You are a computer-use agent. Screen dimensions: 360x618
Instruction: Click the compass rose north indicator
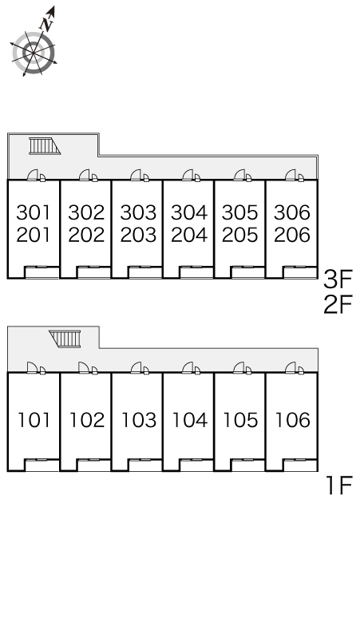click(x=47, y=20)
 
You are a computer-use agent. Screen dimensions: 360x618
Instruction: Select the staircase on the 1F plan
click(x=65, y=339)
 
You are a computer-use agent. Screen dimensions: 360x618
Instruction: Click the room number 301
click(x=34, y=213)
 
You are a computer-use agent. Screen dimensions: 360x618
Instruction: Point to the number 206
click(x=292, y=236)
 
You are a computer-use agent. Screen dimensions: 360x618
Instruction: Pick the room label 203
click(x=138, y=236)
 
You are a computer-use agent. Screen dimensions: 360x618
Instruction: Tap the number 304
click(x=189, y=213)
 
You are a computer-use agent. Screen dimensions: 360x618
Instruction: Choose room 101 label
click(x=34, y=420)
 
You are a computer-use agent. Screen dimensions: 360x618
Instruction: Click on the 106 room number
click(x=293, y=420)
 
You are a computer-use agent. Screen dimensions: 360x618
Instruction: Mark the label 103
click(x=139, y=420)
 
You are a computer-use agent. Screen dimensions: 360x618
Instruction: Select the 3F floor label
click(x=337, y=279)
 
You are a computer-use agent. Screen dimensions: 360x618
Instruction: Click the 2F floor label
click(x=337, y=305)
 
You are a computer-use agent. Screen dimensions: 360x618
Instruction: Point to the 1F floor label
click(x=338, y=485)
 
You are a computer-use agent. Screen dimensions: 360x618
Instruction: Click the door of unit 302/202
click(x=85, y=176)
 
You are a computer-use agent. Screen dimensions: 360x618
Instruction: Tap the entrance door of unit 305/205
click(x=239, y=176)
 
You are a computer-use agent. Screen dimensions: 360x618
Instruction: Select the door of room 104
click(x=188, y=368)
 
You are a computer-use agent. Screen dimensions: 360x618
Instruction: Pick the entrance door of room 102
click(x=84, y=368)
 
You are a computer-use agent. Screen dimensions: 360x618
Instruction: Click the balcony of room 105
click(x=247, y=465)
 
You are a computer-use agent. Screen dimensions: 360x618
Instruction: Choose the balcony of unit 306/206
click(x=300, y=273)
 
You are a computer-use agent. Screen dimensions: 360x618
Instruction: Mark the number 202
click(x=86, y=236)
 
